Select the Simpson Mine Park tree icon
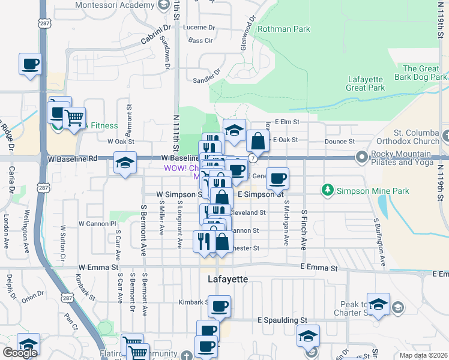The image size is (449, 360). [328, 191]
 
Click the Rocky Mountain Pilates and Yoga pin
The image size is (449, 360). [362, 157]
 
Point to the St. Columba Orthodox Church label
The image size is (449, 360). [408, 137]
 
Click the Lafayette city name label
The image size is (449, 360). [228, 280]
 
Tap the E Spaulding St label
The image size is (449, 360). [282, 321]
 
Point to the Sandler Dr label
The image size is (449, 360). [207, 79]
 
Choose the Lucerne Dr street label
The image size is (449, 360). [199, 28]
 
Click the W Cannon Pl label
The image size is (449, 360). [97, 224]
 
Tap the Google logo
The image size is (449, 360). [20, 352]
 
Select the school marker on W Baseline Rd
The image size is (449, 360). [124, 163]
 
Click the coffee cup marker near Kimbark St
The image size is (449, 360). [219, 306]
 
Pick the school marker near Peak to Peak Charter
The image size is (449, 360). [378, 304]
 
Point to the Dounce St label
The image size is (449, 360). [340, 141]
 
